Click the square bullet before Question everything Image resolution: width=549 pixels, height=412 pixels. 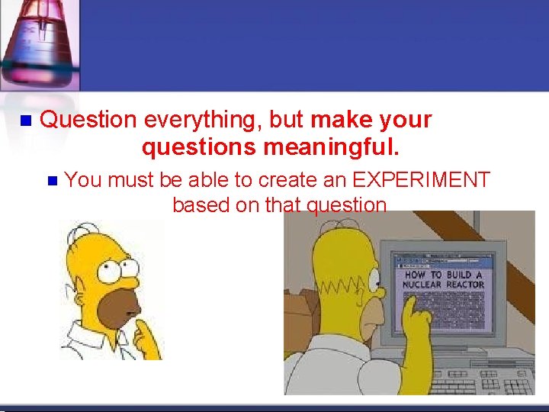click(x=24, y=121)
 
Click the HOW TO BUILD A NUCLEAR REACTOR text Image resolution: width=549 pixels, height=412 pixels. click(x=443, y=279)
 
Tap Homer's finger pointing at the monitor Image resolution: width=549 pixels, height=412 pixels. click(x=413, y=305)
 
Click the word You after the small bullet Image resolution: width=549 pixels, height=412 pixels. click(x=83, y=180)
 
